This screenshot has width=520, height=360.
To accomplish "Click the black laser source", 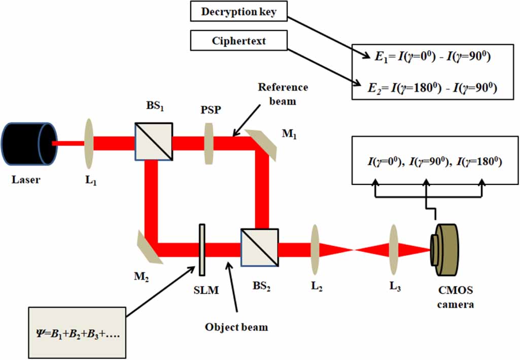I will (28, 143).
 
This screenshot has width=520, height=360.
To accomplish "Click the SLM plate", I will (202, 249).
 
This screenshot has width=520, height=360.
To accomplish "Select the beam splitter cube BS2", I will (260, 248).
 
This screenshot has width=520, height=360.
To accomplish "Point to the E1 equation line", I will (431, 57).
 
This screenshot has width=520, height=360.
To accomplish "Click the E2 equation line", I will (431, 88).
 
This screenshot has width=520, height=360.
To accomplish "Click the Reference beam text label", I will (283, 93).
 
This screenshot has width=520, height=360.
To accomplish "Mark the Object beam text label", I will (236, 327).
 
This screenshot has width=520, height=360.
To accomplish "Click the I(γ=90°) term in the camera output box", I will (425, 161).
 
